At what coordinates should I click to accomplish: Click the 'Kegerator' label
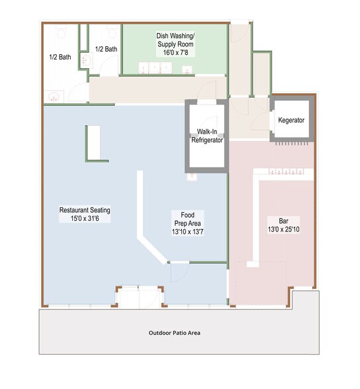click(x=291, y=120)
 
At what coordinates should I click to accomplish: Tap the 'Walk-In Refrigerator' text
click(x=206, y=136)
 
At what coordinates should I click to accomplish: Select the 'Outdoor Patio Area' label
click(x=174, y=333)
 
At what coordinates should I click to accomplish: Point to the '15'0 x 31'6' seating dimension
click(x=85, y=218)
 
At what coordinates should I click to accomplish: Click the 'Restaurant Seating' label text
click(x=85, y=210)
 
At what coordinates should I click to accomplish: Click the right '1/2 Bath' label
click(x=106, y=49)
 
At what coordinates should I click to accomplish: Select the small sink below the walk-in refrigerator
click(x=193, y=176)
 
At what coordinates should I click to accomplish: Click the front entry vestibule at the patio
click(x=139, y=296)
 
